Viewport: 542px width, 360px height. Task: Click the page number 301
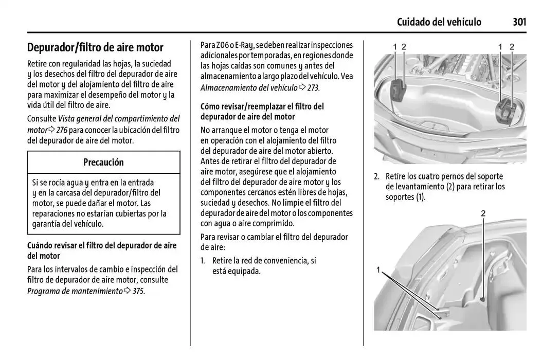[x=519, y=22]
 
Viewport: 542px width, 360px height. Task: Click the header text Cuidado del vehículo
[x=439, y=22]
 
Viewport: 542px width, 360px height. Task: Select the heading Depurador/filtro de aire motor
[x=95, y=48]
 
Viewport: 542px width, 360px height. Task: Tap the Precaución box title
[x=103, y=162]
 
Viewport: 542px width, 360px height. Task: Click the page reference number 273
[x=313, y=88]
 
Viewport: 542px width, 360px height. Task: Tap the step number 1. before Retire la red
[x=204, y=261]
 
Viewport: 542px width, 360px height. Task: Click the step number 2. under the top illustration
[x=377, y=176]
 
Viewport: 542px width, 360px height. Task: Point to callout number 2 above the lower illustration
[x=483, y=213]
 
